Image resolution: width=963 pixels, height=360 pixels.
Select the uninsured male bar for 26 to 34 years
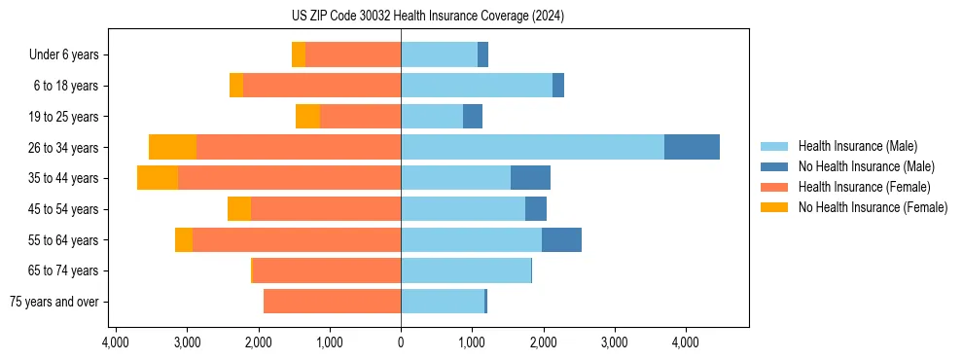[692, 147]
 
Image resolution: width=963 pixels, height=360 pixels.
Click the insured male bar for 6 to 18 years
[477, 86]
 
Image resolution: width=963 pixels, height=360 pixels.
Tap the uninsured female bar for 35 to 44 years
[158, 178]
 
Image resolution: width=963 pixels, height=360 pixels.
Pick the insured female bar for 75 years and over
[332, 302]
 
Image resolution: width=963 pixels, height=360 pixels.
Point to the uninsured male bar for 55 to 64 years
[561, 240]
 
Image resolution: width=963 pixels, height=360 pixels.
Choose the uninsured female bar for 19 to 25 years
[307, 117]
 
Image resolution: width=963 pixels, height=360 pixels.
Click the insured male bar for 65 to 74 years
[466, 270]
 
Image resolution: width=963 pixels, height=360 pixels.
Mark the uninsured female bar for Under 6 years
[299, 54]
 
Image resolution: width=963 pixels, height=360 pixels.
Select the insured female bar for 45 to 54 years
[326, 209]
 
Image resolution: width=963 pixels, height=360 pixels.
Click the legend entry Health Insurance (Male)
[857, 146]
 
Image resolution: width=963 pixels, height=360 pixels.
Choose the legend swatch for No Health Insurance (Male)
[774, 166]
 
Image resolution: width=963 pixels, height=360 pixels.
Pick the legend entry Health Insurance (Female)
[865, 187]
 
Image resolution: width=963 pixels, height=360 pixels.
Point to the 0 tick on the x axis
[401, 342]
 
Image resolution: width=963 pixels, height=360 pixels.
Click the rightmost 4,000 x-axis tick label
[685, 342]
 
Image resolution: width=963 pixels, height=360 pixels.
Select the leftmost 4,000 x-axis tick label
[116, 342]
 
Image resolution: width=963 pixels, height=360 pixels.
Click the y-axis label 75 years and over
[53, 302]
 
